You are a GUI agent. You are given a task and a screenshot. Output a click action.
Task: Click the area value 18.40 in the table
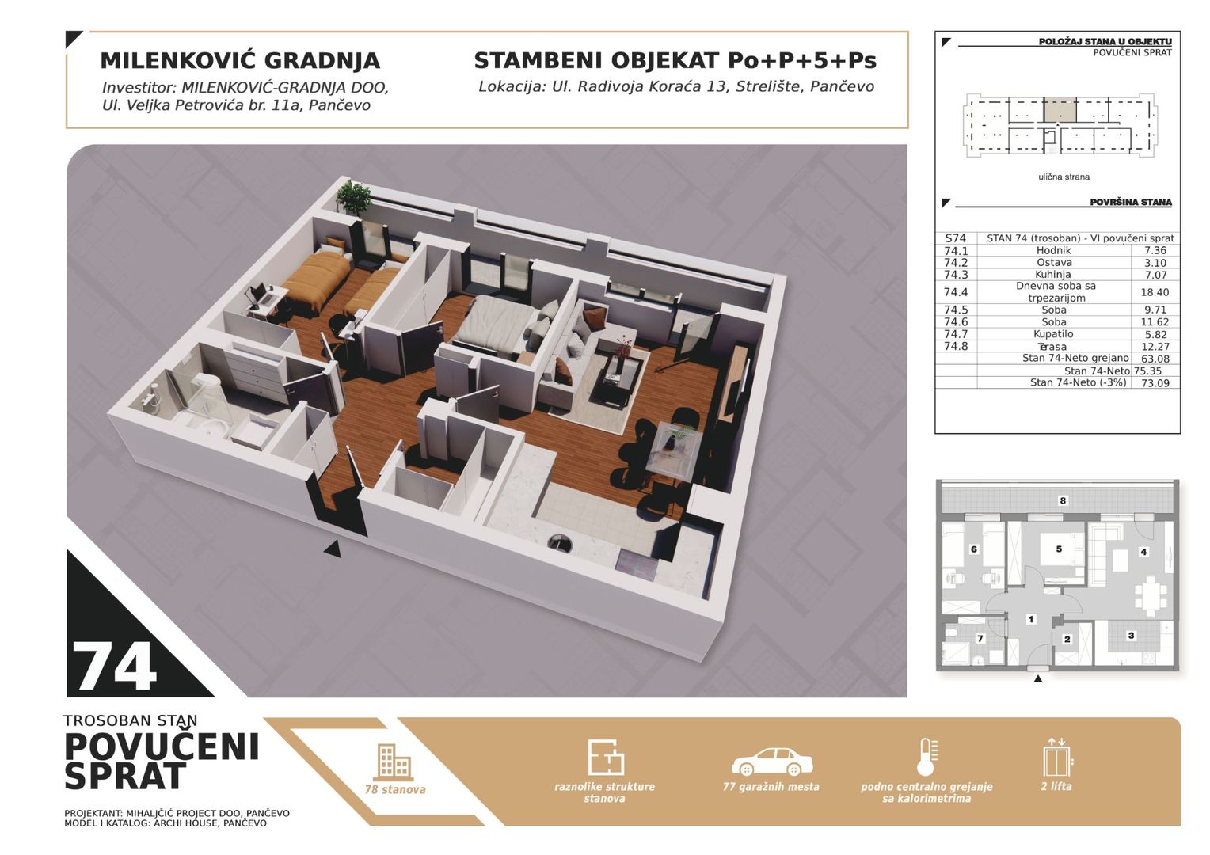(1155, 292)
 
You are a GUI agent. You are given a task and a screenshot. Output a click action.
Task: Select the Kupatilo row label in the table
(1053, 334)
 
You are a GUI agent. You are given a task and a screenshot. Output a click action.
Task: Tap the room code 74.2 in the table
(956, 263)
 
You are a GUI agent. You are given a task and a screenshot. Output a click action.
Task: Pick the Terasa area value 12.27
(1155, 346)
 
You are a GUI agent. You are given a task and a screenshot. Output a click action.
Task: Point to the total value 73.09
(1155, 383)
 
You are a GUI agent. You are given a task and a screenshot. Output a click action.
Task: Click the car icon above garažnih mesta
(772, 762)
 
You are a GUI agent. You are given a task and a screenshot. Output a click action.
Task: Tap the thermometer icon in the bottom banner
(927, 758)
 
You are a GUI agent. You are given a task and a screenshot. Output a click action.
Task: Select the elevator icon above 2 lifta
(1057, 758)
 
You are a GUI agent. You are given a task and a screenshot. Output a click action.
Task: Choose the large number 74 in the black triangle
(114, 667)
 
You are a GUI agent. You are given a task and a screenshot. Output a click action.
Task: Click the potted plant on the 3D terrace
(354, 197)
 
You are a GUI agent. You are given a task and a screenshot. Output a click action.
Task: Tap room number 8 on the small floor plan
(1063, 500)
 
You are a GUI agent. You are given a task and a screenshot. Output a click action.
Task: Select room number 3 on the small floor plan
(1131, 636)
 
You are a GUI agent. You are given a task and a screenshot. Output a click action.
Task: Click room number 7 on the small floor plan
(980, 639)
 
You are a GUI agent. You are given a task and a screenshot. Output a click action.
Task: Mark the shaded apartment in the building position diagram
(1059, 109)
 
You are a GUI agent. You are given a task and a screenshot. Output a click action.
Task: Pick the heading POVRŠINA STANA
(1131, 203)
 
